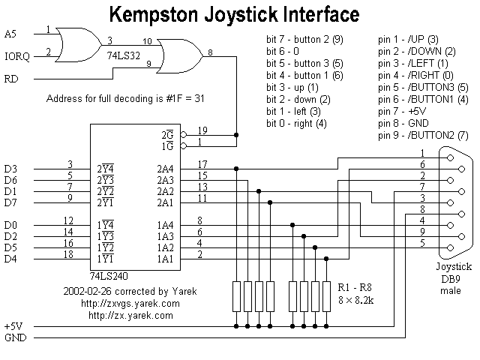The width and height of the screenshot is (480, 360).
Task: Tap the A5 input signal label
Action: coord(10,34)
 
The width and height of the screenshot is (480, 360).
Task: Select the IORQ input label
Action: coord(16,55)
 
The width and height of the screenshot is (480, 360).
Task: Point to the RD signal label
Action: coord(11,78)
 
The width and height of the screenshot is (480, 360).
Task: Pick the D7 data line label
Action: coord(10,202)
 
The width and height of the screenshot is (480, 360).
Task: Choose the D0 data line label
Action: coord(10,223)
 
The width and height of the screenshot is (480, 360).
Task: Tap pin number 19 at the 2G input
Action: coord(202,129)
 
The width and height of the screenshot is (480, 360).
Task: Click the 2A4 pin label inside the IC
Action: coord(166,169)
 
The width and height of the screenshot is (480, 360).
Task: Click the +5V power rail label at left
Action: coord(14,326)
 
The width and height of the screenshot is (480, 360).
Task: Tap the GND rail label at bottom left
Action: coord(15,337)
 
